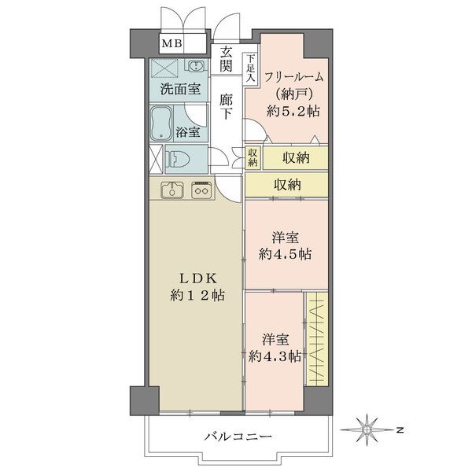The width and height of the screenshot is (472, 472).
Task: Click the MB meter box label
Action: click(x=171, y=43)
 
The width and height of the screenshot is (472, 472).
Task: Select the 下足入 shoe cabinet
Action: click(x=250, y=68)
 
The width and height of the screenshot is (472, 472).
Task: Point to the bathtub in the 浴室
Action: click(x=161, y=124)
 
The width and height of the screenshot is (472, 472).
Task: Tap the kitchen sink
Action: click(x=171, y=190)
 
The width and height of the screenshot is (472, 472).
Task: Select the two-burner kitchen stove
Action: click(x=201, y=190)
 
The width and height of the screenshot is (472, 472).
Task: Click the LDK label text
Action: click(x=197, y=278)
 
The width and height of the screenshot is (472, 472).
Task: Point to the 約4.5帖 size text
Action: click(x=285, y=254)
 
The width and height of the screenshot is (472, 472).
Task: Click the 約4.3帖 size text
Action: click(x=275, y=356)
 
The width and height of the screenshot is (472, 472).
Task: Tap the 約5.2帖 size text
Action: click(x=293, y=111)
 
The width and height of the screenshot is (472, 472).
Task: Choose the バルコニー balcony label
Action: click(x=238, y=436)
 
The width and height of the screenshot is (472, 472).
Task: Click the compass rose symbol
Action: click(x=367, y=430)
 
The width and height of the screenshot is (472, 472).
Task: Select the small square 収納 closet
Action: click(x=253, y=158)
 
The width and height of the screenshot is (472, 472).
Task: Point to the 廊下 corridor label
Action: click(x=226, y=106)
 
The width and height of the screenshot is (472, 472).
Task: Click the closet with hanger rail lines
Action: click(x=317, y=338)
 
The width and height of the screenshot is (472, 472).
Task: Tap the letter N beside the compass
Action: click(x=400, y=430)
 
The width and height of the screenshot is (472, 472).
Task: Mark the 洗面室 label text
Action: click(x=180, y=89)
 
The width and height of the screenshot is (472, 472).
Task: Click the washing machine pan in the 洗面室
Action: click(x=164, y=68)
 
